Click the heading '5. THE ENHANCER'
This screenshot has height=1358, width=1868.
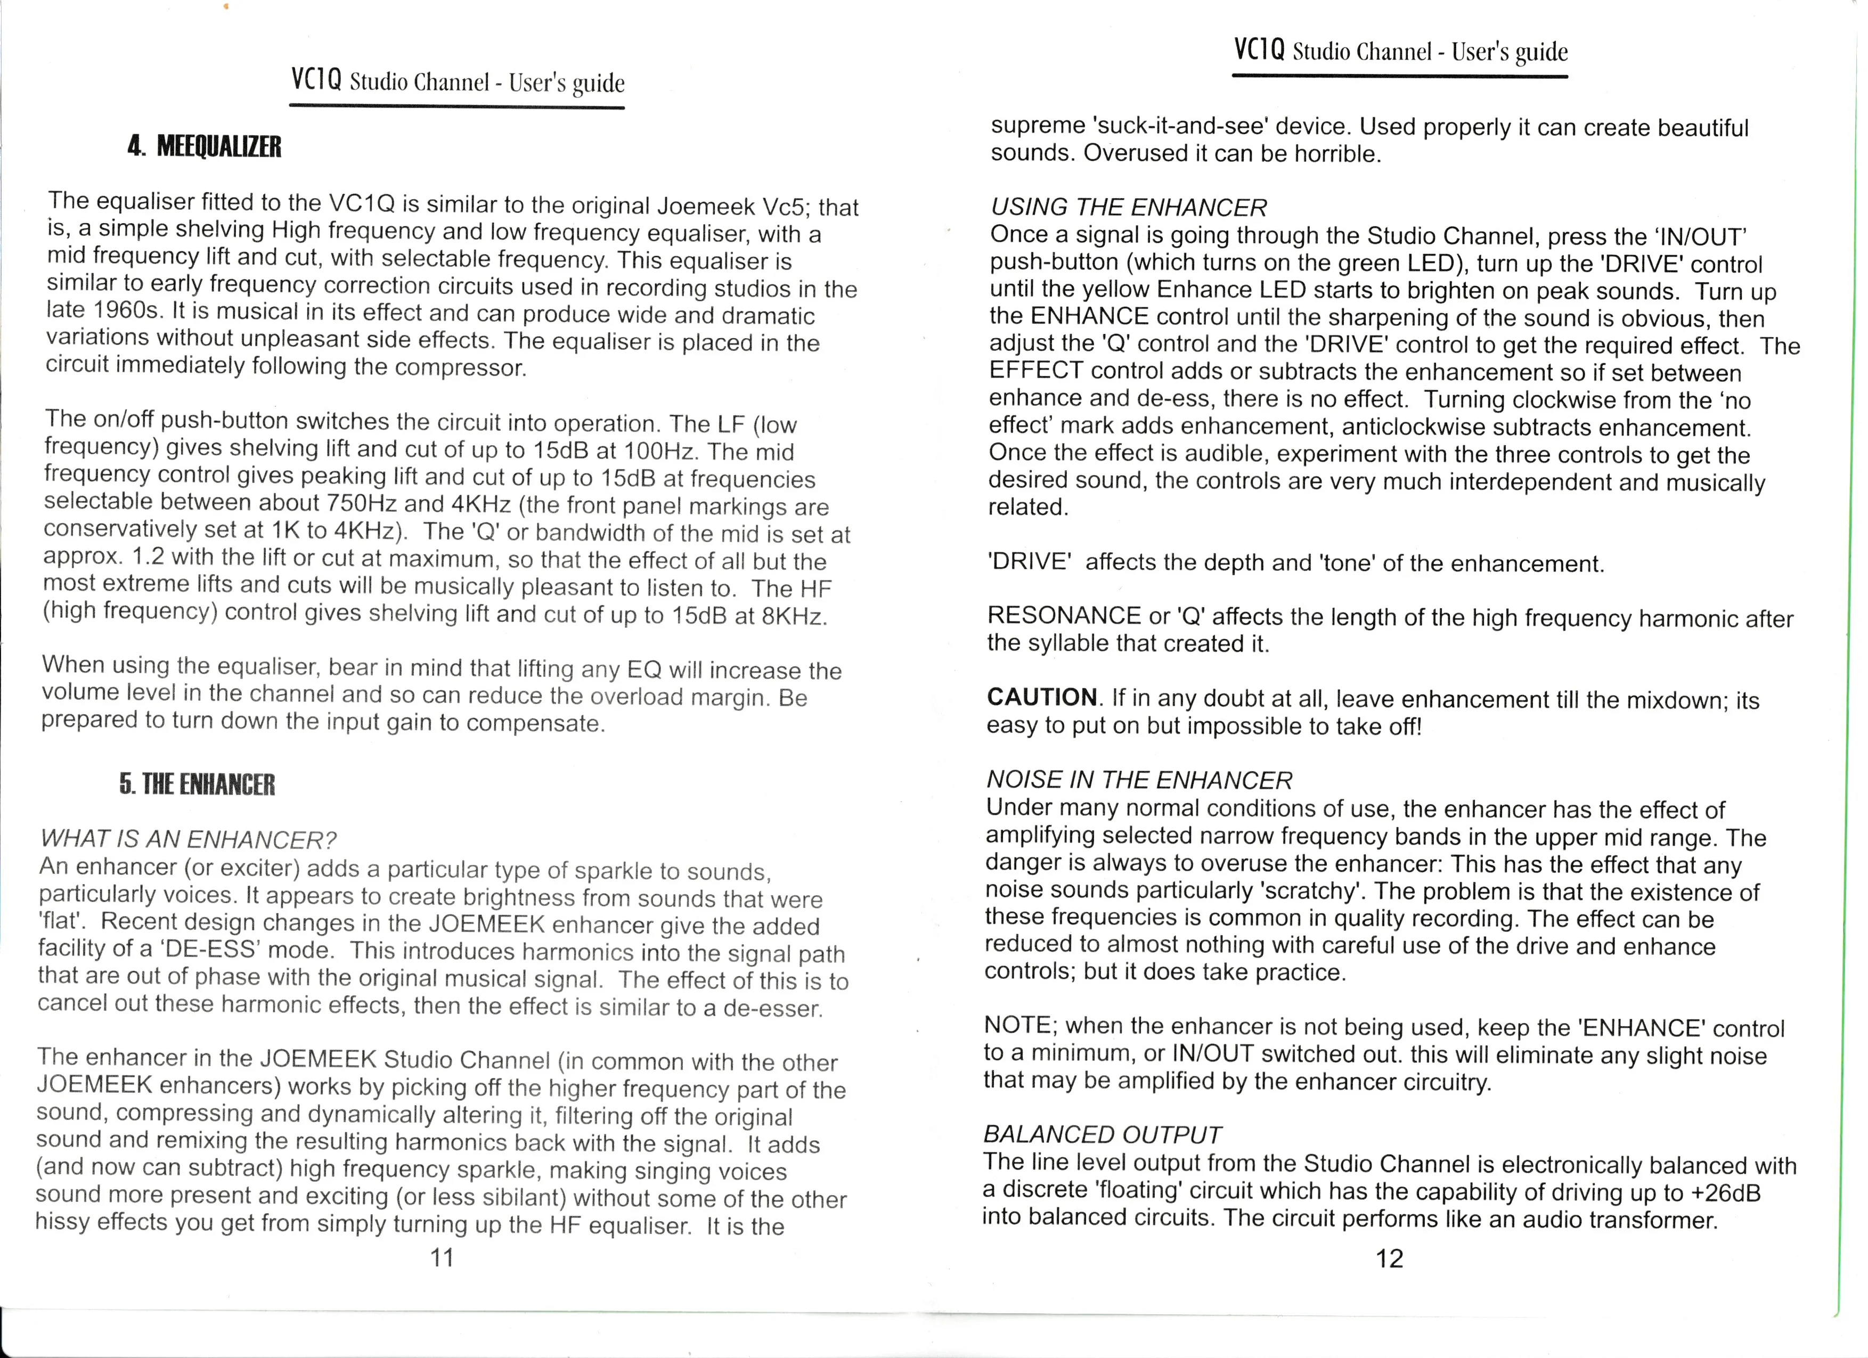point(197,783)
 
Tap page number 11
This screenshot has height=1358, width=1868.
point(442,1257)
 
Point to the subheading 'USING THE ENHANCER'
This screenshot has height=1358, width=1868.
point(1128,207)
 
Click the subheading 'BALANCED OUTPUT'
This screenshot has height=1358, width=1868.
point(1102,1134)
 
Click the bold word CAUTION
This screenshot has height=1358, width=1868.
point(1042,697)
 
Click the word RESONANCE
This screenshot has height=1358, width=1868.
point(1063,615)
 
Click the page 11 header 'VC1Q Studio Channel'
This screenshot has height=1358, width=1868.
point(457,81)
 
